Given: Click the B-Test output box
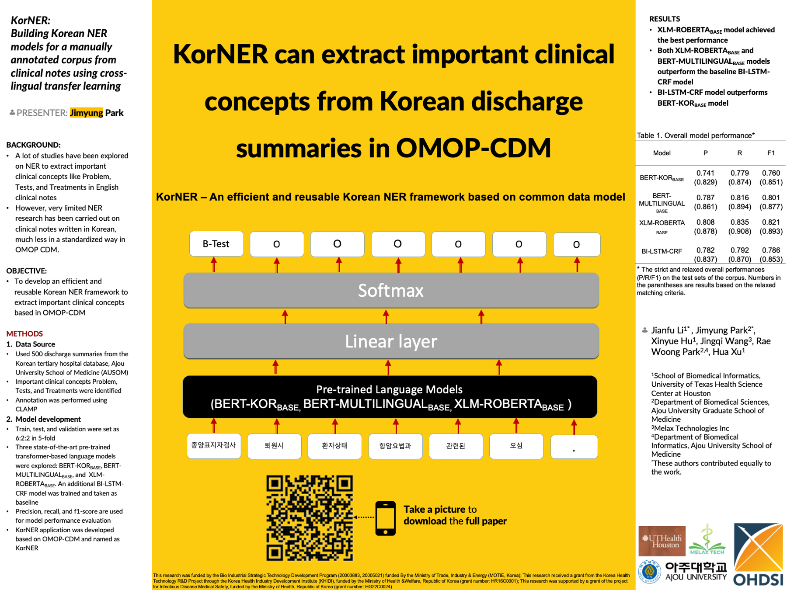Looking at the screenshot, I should tap(216, 244).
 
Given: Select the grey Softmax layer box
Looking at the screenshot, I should tap(391, 291).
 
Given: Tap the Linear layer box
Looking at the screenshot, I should tap(391, 341).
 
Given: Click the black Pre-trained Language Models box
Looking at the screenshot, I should tap(390, 397).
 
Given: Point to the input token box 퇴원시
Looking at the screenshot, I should tap(274, 446).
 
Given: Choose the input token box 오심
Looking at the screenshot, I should tap(516, 446).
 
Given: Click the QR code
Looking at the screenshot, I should tap(310, 518).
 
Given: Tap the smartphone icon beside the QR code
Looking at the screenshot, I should tap(385, 518).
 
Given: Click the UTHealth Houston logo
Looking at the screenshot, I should tap(662, 541).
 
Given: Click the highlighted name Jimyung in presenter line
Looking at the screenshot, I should tap(87, 113).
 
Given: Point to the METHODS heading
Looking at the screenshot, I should tap(24, 333).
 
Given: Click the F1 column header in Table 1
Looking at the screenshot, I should tap(771, 153).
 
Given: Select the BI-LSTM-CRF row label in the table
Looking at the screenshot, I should tap(662, 251).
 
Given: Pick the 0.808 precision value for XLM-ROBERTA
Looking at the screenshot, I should tap(705, 222).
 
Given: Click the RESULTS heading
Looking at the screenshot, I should tap(665, 19).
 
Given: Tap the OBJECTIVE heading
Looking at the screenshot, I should tap(26, 271).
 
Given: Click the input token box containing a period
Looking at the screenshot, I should tap(574, 447).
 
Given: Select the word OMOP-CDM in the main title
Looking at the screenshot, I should tap(474, 148).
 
